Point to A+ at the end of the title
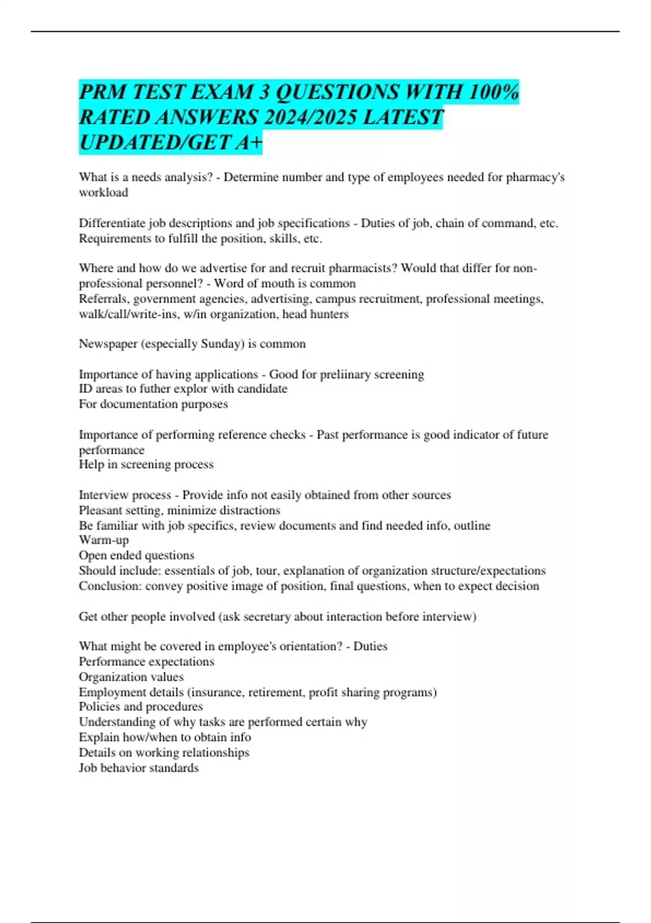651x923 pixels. pos(249,143)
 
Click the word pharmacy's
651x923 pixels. pos(535,178)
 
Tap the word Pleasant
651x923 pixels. pos(103,510)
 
